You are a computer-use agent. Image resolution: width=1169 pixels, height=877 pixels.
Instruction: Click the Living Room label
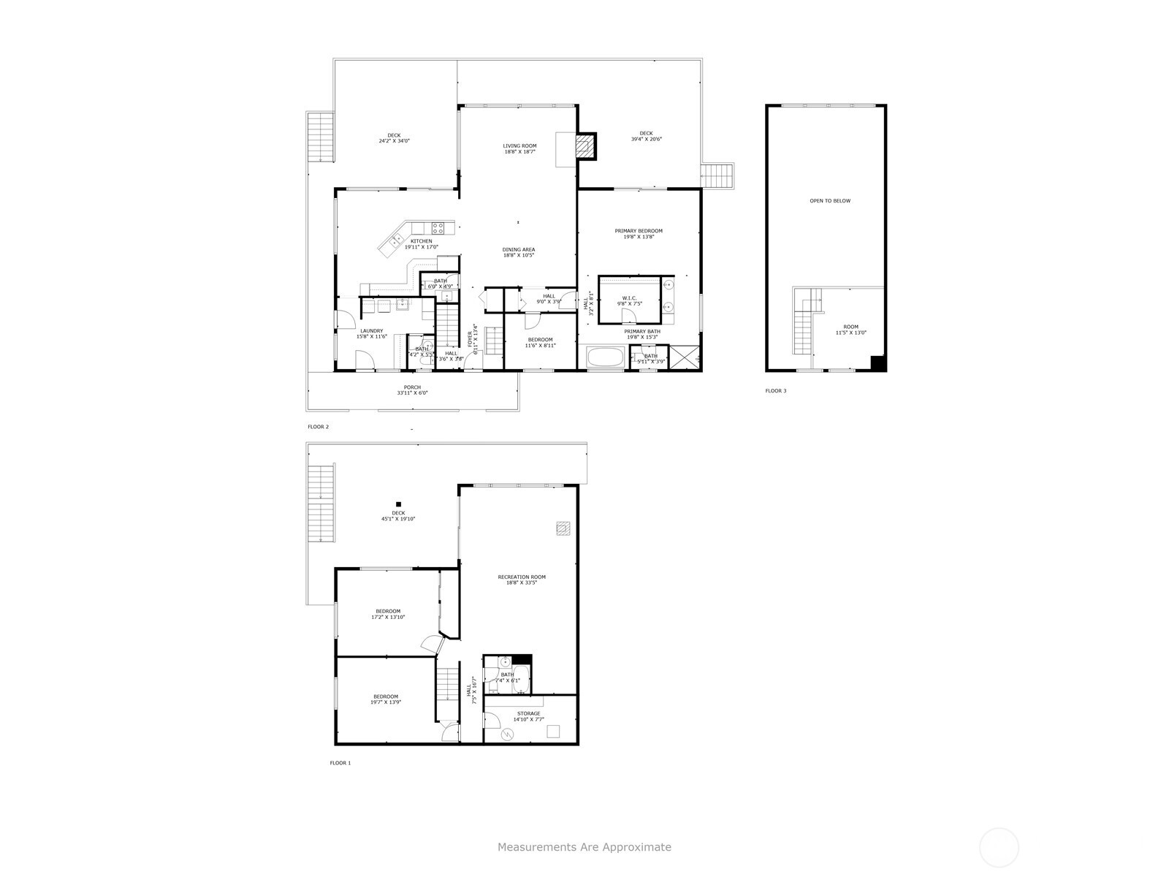tap(519, 146)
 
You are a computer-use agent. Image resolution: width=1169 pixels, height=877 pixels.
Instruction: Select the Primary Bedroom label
tap(639, 231)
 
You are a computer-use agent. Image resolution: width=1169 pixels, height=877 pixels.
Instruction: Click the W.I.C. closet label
tap(629, 297)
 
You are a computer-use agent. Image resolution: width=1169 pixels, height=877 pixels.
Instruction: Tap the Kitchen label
tap(421, 241)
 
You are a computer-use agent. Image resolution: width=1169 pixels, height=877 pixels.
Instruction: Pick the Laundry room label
tap(371, 331)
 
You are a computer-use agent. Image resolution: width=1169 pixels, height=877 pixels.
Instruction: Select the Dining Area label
tap(519, 250)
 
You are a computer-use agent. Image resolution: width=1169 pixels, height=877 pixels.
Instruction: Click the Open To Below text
tap(830, 201)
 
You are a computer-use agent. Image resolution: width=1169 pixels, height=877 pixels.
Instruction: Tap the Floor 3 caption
tap(776, 391)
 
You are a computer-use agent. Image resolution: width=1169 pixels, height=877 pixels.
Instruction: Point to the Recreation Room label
tap(522, 577)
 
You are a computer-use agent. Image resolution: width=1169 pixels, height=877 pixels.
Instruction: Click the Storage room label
tap(529, 714)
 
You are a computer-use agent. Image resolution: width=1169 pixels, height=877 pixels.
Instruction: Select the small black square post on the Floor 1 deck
tap(399, 504)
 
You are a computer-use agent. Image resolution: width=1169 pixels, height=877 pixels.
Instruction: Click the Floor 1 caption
tap(340, 763)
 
